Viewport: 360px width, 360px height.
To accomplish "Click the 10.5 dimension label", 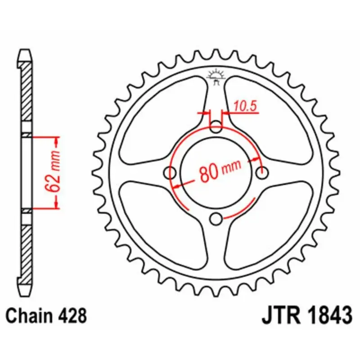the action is click(245, 107).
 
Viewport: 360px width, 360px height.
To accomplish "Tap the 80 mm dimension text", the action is click(220, 170).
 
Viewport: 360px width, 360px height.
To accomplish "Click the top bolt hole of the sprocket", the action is click(216, 126).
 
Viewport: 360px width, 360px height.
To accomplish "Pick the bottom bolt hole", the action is click(216, 219).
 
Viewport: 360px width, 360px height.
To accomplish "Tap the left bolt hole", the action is click(170, 173).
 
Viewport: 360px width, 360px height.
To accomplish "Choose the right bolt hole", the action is click(262, 172).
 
